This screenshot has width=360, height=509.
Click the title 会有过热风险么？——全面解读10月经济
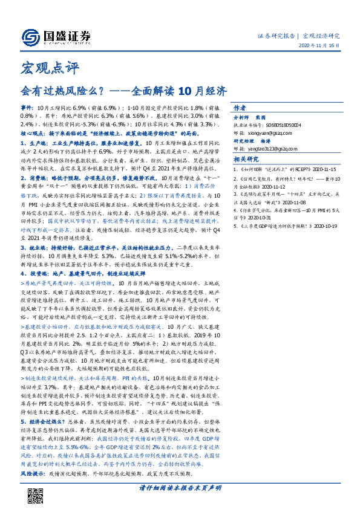pyautogui.click(x=124, y=91)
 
